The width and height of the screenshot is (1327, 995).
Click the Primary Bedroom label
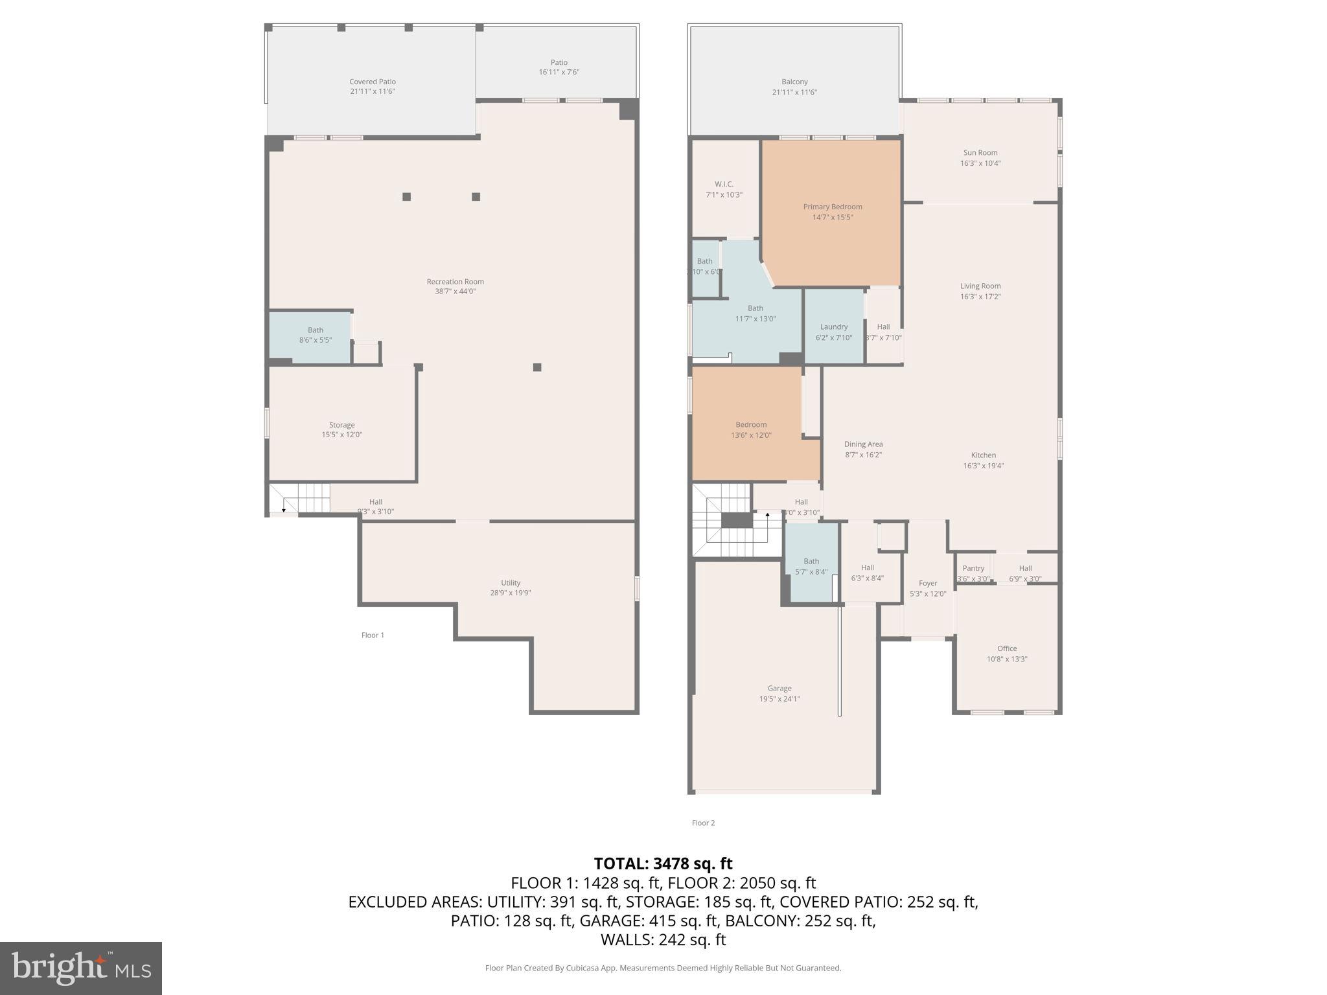(x=833, y=207)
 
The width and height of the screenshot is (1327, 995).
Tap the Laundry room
(x=834, y=326)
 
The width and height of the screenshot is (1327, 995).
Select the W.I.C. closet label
(x=724, y=184)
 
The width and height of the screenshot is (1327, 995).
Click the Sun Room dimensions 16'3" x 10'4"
(x=980, y=163)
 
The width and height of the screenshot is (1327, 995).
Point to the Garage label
(x=779, y=688)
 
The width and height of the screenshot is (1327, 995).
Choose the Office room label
(x=1006, y=648)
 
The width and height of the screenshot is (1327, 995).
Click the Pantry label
(x=973, y=568)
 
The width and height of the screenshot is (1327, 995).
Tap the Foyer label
(x=928, y=583)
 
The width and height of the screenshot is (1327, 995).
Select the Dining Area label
(x=863, y=444)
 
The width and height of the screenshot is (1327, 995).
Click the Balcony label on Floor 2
(x=794, y=82)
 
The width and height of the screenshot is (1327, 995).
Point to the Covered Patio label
(x=373, y=82)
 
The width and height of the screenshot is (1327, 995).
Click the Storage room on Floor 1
(x=341, y=426)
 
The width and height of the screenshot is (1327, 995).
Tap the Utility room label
(x=510, y=582)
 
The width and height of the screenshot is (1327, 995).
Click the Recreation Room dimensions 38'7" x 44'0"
(x=455, y=292)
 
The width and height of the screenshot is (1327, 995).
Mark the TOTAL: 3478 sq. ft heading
(x=663, y=863)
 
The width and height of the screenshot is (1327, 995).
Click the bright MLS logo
(x=80, y=968)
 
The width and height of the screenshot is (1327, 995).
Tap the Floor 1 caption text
(x=373, y=635)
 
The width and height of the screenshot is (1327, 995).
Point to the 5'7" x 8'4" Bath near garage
(x=811, y=567)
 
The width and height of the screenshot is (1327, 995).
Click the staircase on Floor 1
(x=300, y=498)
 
